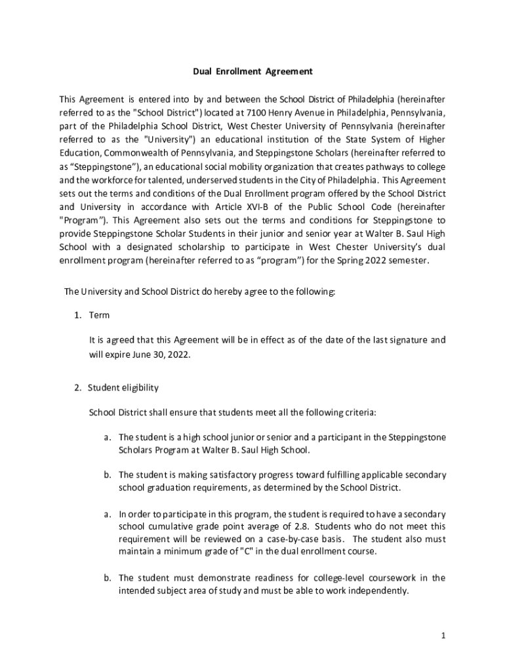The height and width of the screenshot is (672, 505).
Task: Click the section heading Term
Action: [100, 316]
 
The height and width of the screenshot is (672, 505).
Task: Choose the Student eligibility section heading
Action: [123, 388]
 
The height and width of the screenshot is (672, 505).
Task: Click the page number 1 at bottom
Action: [444, 636]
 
